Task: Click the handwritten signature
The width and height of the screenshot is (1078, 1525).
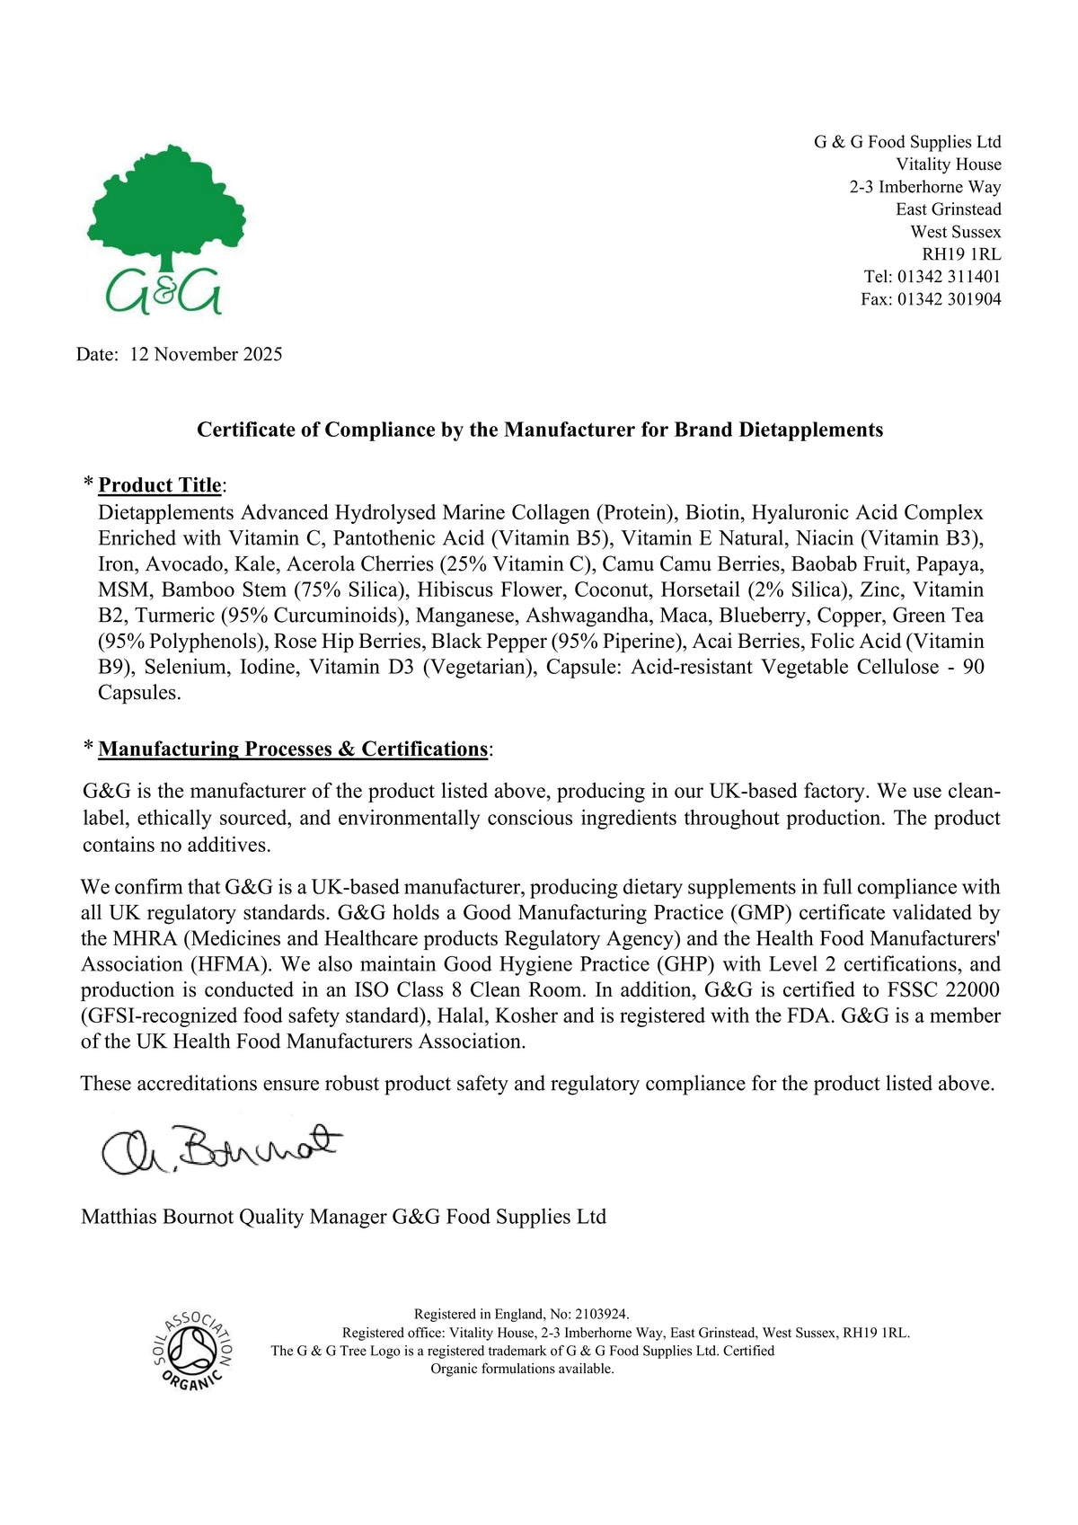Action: (221, 1149)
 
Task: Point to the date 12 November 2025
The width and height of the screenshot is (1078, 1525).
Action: (206, 354)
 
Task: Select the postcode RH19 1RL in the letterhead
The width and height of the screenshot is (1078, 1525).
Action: (961, 254)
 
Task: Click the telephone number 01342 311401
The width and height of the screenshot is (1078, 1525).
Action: (949, 277)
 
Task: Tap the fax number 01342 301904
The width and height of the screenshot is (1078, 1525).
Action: (949, 299)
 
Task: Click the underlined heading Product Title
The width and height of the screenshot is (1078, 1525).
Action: (160, 485)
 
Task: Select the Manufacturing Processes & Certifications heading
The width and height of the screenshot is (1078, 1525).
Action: (293, 749)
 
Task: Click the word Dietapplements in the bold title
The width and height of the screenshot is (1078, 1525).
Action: (811, 430)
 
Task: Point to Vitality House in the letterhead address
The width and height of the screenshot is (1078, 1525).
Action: (949, 164)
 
